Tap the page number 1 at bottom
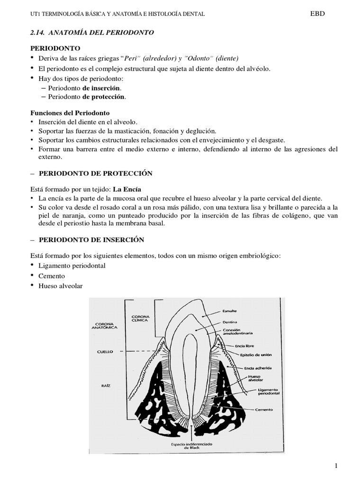(336, 466)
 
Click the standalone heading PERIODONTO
(55, 48)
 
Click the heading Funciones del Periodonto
(70, 113)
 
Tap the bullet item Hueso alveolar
(62, 286)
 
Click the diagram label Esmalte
(230, 311)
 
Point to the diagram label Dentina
(230, 322)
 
